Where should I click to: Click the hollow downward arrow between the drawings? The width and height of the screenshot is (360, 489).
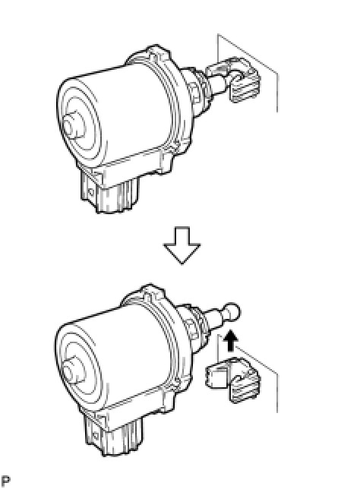(x=182, y=245)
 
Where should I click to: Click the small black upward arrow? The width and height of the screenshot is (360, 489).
(x=231, y=340)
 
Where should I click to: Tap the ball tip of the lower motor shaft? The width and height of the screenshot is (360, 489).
(x=232, y=311)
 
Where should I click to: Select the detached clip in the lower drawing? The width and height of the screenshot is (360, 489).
(x=233, y=380)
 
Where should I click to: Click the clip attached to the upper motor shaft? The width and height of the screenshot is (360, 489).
(x=233, y=80)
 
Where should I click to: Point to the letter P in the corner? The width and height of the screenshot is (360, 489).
(x=5, y=481)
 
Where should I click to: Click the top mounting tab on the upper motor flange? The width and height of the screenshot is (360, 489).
(x=157, y=52)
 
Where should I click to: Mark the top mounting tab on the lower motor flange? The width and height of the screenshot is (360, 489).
(x=153, y=292)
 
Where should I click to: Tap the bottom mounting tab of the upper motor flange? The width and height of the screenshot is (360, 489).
(x=166, y=162)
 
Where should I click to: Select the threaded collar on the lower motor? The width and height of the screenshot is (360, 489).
(x=193, y=327)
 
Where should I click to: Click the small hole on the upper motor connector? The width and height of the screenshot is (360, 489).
(x=90, y=192)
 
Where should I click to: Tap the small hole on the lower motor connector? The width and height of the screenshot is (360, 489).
(x=96, y=435)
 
